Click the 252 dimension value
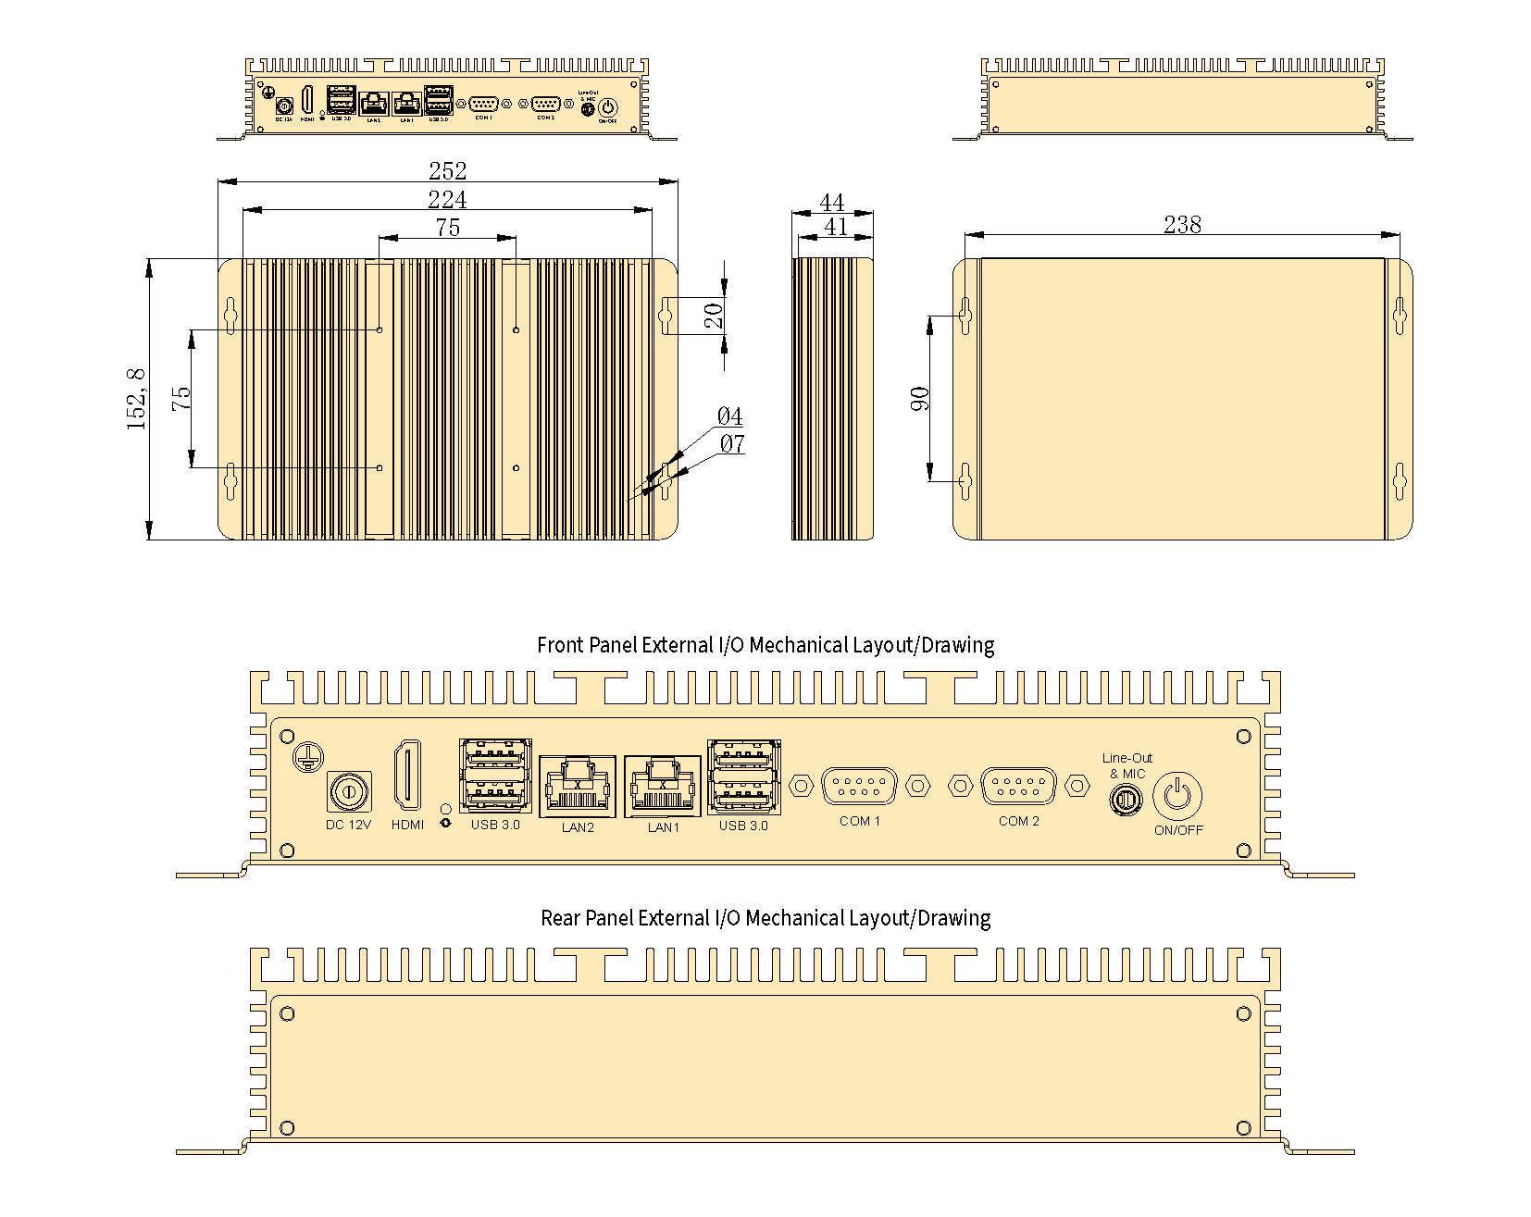(447, 171)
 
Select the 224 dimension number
(447, 199)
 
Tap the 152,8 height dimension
(136, 398)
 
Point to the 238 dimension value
(1182, 225)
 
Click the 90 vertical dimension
(920, 398)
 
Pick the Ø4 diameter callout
(729, 416)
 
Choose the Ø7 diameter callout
(731, 444)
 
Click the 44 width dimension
(832, 203)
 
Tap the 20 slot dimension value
(714, 317)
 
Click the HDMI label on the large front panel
(407, 825)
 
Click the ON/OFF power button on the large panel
(1176, 795)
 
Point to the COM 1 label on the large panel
(860, 821)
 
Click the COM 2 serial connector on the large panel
(1018, 786)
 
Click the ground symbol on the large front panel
(306, 758)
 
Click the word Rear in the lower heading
(561, 918)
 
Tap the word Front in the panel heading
(561, 645)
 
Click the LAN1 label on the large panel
(663, 827)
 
